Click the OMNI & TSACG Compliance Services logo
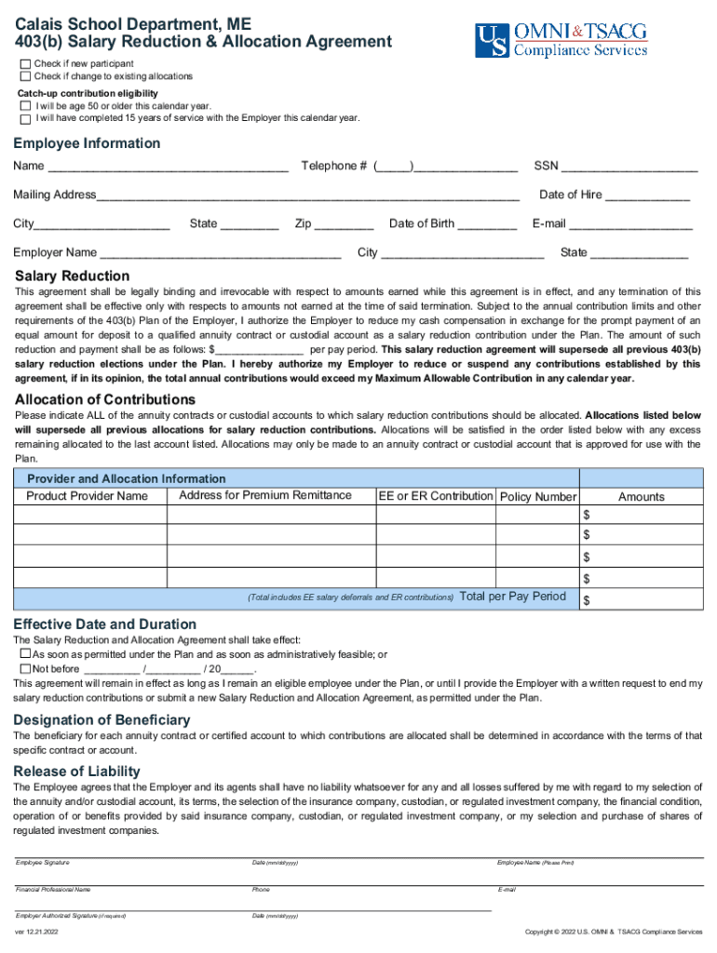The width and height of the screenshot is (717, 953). [x=561, y=40]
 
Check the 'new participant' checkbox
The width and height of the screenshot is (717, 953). [x=26, y=63]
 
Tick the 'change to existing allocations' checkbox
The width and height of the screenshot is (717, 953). [x=26, y=76]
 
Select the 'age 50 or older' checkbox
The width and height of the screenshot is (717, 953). [x=26, y=106]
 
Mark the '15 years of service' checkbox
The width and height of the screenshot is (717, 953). [x=26, y=118]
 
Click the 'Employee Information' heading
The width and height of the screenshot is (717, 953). [x=86, y=143]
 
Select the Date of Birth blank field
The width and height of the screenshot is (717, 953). [x=488, y=224]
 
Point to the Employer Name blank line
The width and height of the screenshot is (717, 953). [x=220, y=253]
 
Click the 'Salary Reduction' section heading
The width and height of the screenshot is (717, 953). [x=73, y=276]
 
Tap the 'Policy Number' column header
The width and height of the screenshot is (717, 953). [x=538, y=497]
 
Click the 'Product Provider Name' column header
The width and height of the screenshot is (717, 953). [x=87, y=496]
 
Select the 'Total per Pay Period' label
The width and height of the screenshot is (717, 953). [x=513, y=596]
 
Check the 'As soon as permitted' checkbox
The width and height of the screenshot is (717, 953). [x=26, y=654]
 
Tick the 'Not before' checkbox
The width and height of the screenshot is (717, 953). [x=26, y=668]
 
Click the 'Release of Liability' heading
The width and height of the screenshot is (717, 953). [x=76, y=771]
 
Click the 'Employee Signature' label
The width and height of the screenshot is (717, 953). [x=42, y=863]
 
